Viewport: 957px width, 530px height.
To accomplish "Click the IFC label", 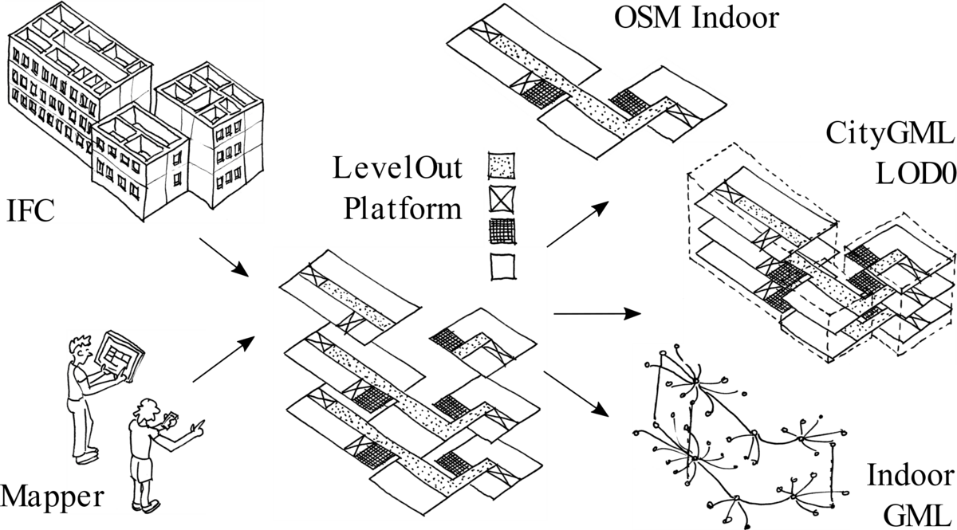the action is [31, 210].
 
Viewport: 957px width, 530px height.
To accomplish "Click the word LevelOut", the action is [397, 168].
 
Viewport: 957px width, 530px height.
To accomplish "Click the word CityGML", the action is [890, 134].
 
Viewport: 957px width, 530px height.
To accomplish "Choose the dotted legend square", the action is [501, 165].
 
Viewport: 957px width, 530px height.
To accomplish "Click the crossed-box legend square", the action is [502, 199].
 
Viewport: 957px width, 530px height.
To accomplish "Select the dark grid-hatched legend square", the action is [502, 231].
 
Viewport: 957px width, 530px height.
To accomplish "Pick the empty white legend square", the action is [502, 267].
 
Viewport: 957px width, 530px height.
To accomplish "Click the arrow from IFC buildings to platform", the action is [224, 257].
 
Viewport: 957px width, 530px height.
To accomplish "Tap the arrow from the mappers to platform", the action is [224, 359].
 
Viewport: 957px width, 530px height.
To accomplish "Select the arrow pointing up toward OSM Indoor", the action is [577, 225].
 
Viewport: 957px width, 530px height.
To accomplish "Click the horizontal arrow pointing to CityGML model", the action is [597, 314].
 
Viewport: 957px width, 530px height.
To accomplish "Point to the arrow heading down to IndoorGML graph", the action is [576, 393].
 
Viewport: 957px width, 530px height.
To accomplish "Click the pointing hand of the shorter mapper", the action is [199, 427].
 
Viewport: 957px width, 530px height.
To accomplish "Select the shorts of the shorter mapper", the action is [142, 469].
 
